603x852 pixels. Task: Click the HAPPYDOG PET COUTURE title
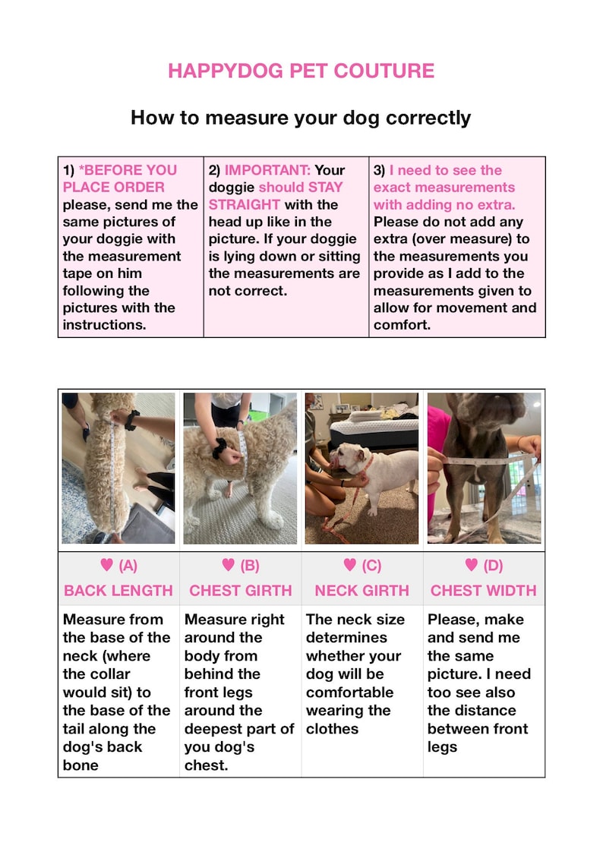pyautogui.click(x=301, y=71)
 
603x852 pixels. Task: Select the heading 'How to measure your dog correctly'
pyautogui.click(x=301, y=118)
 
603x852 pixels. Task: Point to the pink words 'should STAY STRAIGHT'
pyautogui.click(x=276, y=195)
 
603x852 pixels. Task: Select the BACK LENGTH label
pyautogui.click(x=118, y=590)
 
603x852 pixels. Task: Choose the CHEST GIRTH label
pyautogui.click(x=240, y=590)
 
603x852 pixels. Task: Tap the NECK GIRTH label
pyautogui.click(x=361, y=590)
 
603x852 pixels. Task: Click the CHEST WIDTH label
pyautogui.click(x=483, y=590)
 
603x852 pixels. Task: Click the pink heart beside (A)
pyautogui.click(x=107, y=565)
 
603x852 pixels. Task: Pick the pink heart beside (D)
pyautogui.click(x=472, y=565)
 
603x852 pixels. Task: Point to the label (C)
pyautogui.click(x=371, y=565)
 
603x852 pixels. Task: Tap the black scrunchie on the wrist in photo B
pyautogui.click(x=220, y=449)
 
